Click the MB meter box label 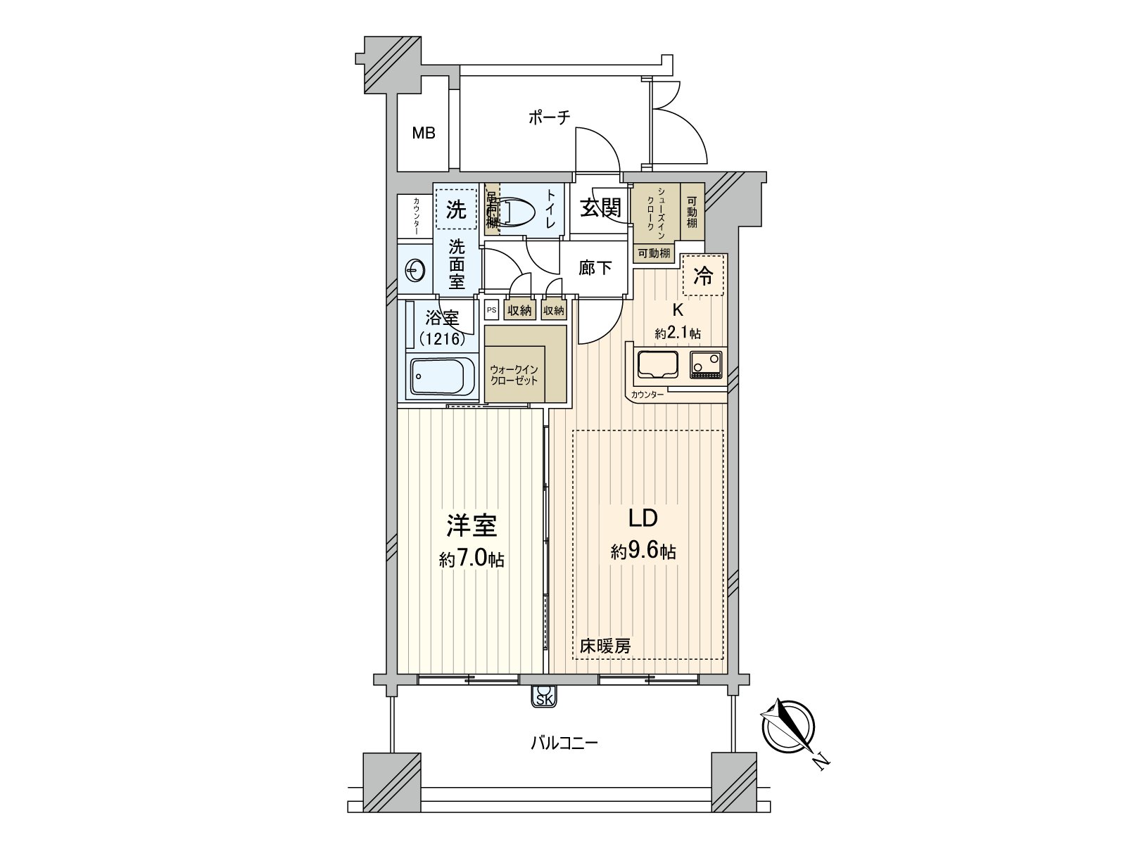[424, 132]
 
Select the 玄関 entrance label [600, 207]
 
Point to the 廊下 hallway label [595, 269]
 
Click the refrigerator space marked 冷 [703, 276]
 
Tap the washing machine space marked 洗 [456, 209]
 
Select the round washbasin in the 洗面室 [415, 269]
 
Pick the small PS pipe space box [491, 309]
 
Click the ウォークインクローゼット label [514, 375]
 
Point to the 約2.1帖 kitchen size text [677, 334]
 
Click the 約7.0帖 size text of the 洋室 [472, 560]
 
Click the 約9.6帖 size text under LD [643, 552]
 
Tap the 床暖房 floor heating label [605, 646]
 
